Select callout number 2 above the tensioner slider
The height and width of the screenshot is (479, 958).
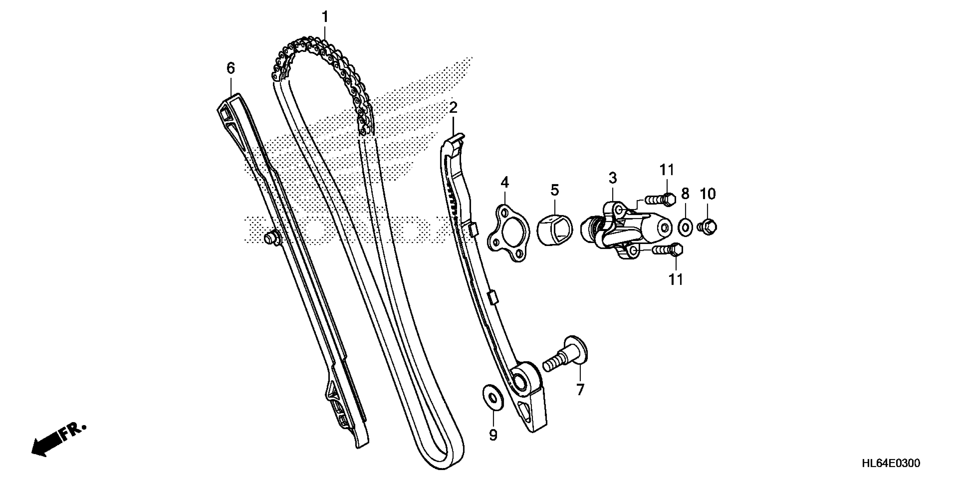pos(453,108)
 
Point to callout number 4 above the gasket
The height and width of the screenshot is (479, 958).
pos(504,182)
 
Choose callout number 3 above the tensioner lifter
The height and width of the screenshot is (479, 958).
pos(613,178)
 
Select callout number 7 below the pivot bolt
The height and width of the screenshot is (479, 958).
pos(580,389)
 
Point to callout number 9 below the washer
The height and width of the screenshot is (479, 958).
pos(493,435)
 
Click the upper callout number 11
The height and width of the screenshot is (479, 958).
pos(667,170)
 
